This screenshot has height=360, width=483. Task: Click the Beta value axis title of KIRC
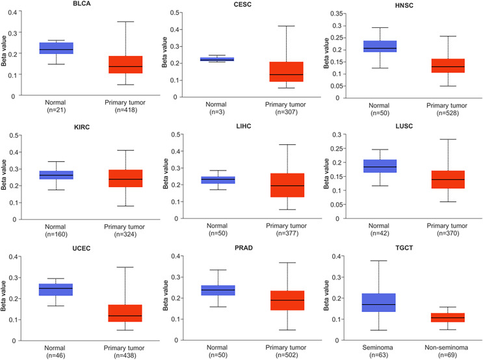click(x=7, y=177)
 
